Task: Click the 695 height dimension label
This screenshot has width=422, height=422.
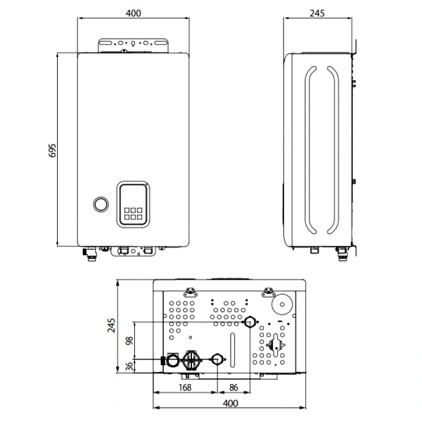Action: pyautogui.click(x=53, y=151)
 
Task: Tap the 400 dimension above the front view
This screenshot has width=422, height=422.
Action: pyautogui.click(x=133, y=13)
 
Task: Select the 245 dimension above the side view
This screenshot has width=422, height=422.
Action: pyautogui.click(x=317, y=13)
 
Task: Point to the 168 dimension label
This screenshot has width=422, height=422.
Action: pyautogui.click(x=185, y=388)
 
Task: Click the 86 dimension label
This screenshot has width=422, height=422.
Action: pyautogui.click(x=234, y=388)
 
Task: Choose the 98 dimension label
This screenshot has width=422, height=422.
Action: pyautogui.click(x=129, y=340)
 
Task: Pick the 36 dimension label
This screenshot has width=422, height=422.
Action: pyautogui.click(x=129, y=366)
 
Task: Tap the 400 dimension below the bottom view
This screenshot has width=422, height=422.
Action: pyautogui.click(x=231, y=403)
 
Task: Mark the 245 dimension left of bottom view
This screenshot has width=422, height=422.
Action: pyautogui.click(x=111, y=326)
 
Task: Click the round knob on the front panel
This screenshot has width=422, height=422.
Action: pyautogui.click(x=101, y=204)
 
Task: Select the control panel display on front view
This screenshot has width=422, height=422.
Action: pyautogui.click(x=133, y=204)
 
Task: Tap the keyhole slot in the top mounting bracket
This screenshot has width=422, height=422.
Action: pyautogui.click(x=133, y=44)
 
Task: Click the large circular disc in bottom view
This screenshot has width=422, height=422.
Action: pyautogui.click(x=282, y=305)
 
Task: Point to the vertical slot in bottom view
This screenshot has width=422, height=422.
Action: pyautogui.click(x=233, y=350)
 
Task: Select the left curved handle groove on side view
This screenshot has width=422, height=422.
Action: pyautogui.click(x=309, y=151)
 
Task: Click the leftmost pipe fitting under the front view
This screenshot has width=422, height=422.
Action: pyautogui.click(x=91, y=255)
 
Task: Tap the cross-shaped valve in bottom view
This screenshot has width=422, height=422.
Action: pyautogui.click(x=275, y=345)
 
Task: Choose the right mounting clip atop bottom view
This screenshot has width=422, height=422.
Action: pyautogui.click(x=269, y=292)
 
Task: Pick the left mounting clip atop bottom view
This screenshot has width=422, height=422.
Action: pyautogui.click(x=191, y=292)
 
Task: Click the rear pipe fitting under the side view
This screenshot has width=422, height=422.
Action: pyautogui.click(x=342, y=255)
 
